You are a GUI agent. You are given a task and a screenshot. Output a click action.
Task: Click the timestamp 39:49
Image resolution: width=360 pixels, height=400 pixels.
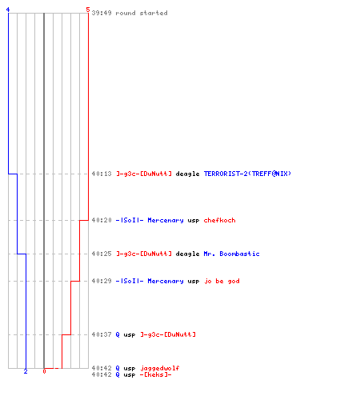click(102, 13)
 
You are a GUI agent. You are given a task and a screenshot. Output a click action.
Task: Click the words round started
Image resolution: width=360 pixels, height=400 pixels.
click(142, 13)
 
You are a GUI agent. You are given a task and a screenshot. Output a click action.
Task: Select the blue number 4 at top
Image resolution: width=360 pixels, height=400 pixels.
click(8, 10)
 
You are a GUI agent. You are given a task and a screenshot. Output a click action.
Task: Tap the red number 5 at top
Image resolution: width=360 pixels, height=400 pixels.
click(88, 10)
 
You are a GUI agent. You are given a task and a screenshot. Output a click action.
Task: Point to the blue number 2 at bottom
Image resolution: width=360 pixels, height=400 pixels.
click(26, 371)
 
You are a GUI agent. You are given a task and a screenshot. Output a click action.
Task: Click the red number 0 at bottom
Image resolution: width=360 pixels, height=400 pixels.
click(44, 371)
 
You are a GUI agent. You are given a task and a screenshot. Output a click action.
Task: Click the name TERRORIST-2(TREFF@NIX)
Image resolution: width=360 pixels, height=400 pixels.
click(247, 174)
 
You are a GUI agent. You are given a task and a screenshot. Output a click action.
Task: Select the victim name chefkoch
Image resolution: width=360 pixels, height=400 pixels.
click(219, 220)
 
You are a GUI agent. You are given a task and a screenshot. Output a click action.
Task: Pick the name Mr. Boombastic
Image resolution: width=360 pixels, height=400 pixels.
click(231, 254)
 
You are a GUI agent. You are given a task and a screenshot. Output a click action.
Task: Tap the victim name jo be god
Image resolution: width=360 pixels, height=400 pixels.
click(222, 281)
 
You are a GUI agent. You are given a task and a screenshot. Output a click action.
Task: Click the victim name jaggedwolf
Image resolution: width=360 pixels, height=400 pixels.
click(160, 368)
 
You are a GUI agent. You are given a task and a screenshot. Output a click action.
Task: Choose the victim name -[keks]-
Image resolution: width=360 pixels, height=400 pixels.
click(156, 374)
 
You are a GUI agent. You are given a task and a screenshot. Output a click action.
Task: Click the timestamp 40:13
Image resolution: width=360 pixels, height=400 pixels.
click(102, 174)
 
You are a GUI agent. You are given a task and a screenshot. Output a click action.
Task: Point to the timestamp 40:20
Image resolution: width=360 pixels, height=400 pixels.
click(102, 220)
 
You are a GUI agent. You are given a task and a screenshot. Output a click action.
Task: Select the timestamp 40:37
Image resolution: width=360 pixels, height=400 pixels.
click(102, 334)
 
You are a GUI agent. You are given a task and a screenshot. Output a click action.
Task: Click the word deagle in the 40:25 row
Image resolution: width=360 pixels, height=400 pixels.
click(187, 254)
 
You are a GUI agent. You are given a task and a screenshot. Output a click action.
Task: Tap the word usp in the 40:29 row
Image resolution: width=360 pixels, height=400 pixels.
click(194, 282)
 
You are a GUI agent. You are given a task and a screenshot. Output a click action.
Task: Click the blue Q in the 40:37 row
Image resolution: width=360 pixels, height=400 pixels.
click(118, 334)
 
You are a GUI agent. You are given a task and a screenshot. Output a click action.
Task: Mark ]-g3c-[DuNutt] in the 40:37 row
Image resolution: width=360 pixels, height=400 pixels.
click(168, 334)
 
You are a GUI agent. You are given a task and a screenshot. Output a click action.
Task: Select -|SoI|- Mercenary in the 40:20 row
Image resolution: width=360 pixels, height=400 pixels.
click(150, 220)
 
